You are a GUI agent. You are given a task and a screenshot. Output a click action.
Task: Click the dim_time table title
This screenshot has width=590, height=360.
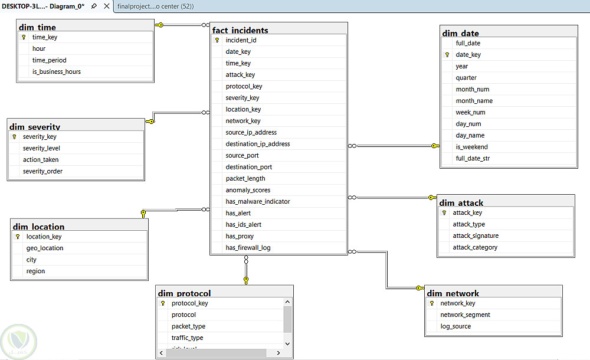(x=37, y=27)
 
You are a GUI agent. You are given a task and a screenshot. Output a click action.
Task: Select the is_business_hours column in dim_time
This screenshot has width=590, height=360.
(x=57, y=71)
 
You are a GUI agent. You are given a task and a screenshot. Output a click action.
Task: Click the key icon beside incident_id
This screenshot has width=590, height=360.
(x=217, y=40)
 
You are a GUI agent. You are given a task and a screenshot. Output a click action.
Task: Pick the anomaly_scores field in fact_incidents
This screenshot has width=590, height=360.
(x=248, y=190)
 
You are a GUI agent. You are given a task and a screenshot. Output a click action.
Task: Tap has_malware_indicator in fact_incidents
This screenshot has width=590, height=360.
(x=258, y=201)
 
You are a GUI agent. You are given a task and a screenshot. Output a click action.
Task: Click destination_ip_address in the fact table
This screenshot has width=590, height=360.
(x=258, y=144)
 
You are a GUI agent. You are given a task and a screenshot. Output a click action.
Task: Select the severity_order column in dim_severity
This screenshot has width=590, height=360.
(x=42, y=171)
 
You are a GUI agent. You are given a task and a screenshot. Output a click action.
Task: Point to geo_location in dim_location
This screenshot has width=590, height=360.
(x=45, y=248)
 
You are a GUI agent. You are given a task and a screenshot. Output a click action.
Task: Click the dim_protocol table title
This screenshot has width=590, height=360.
(x=184, y=293)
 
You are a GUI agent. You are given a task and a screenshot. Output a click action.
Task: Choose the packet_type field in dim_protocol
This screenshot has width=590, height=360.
(x=189, y=326)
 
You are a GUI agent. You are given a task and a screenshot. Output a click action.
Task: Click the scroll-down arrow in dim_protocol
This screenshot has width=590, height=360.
(x=287, y=343)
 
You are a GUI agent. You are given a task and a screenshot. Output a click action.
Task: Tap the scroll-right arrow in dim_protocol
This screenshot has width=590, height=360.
(x=278, y=353)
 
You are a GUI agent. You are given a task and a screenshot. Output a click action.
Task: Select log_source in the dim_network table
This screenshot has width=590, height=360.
(x=455, y=326)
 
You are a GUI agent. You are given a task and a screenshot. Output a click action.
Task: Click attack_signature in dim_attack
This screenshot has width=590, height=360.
(x=476, y=235)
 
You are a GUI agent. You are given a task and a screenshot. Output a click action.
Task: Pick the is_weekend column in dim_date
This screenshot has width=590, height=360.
(x=472, y=147)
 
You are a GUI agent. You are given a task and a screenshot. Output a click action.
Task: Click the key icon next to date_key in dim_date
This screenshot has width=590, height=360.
(x=447, y=55)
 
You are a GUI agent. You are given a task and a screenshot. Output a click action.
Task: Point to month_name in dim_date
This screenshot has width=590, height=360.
(x=474, y=101)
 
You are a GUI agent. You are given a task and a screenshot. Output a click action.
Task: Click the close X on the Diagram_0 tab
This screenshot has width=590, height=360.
(x=107, y=6)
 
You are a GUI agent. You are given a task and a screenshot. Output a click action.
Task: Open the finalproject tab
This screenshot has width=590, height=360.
(x=155, y=6)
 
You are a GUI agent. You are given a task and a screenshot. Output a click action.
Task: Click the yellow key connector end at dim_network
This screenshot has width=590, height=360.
(x=420, y=288)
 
